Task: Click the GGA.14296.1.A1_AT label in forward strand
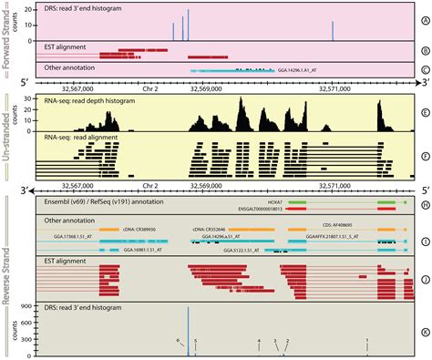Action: click(304, 69)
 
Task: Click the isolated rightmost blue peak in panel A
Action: click(334, 31)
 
